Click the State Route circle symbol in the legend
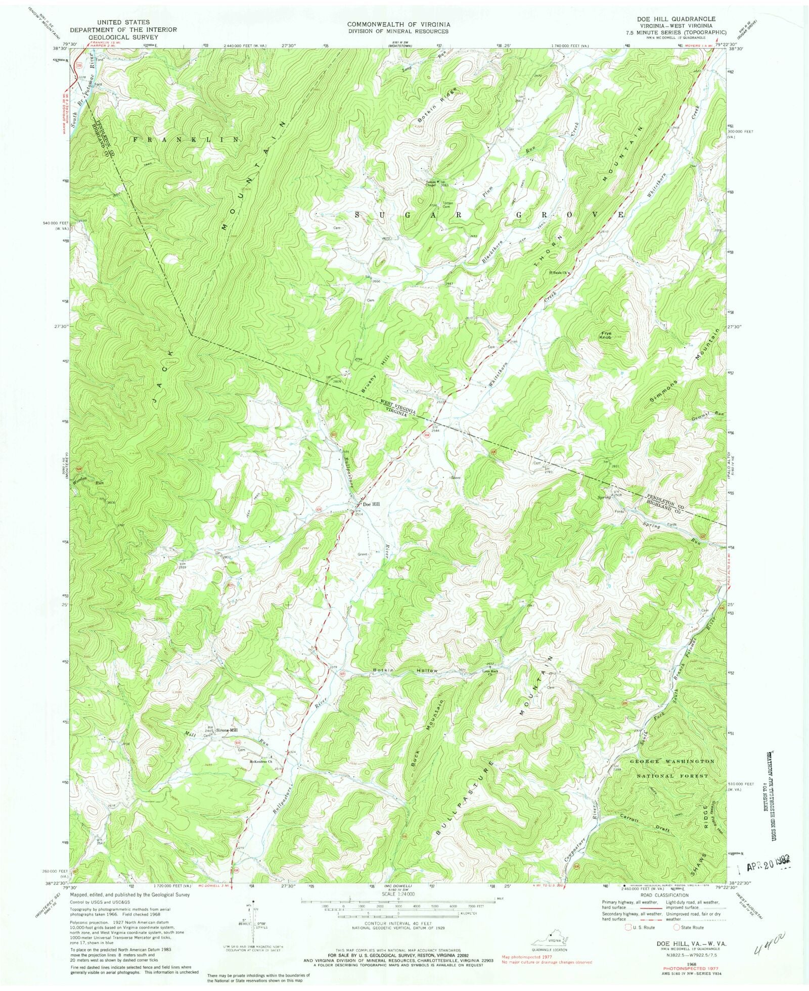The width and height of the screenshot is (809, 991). pos(677,927)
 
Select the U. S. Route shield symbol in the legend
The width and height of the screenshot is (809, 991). pos(630,927)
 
